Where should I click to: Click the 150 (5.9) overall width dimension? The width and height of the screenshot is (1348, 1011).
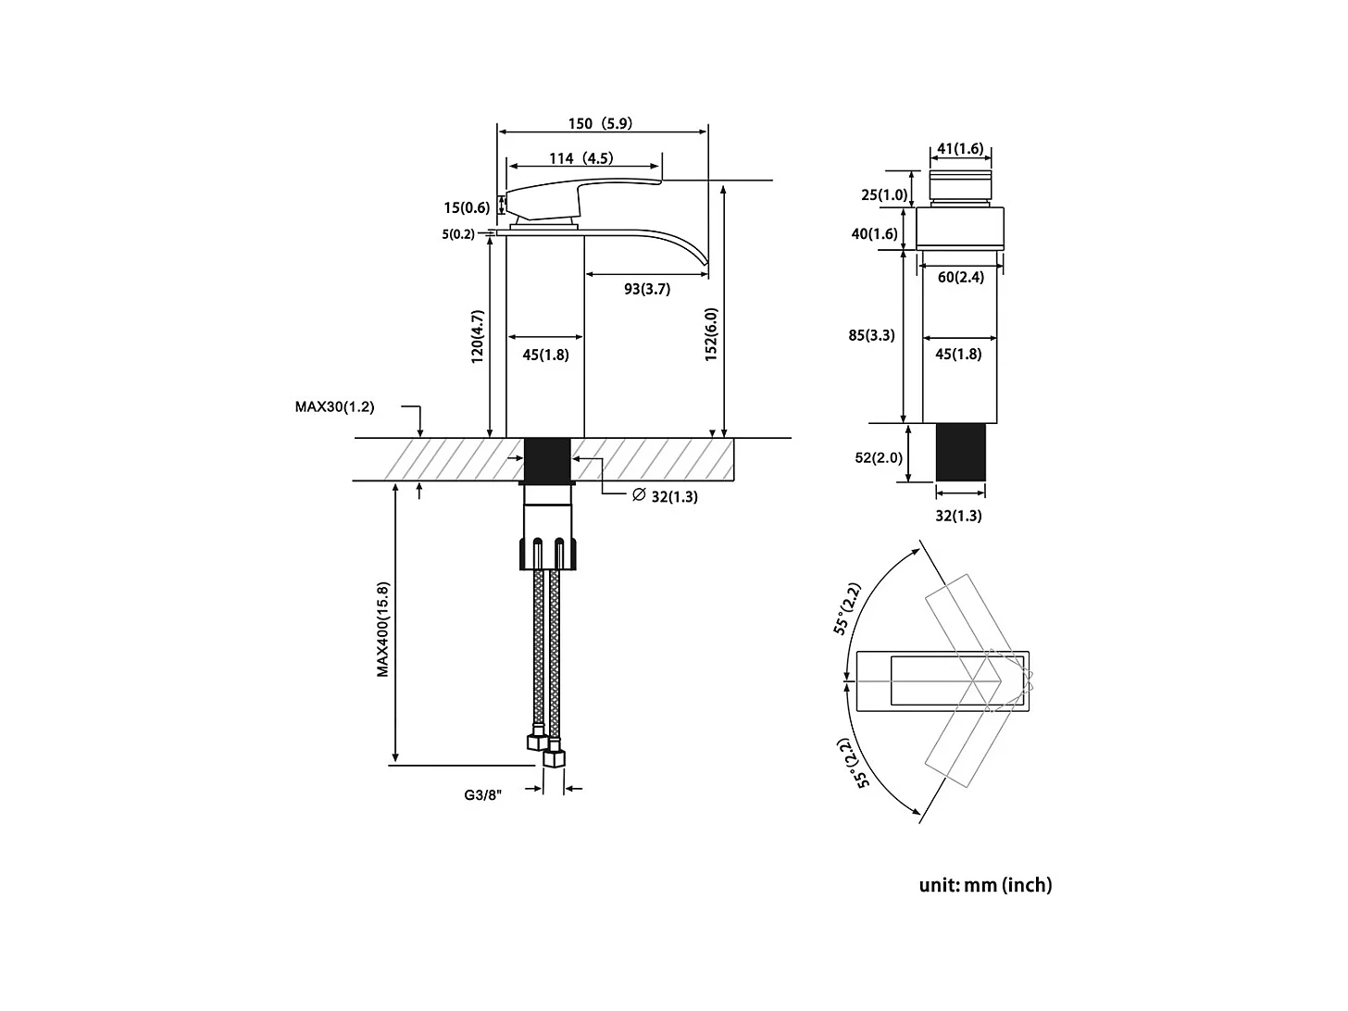[600, 124]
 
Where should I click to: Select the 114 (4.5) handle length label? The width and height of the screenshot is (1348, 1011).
[580, 158]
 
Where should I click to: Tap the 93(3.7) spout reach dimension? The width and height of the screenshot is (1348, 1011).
[646, 289]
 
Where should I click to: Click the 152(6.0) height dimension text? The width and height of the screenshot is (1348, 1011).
[711, 334]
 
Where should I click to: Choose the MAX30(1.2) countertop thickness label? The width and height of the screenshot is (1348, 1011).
[335, 406]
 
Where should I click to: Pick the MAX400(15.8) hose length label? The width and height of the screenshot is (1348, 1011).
[383, 630]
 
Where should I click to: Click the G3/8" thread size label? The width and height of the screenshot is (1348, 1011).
[482, 794]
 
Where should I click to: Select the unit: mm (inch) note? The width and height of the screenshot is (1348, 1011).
[985, 885]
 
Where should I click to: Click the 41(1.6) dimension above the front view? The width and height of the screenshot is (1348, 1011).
[959, 149]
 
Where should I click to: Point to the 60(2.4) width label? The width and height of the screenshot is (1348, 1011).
[960, 277]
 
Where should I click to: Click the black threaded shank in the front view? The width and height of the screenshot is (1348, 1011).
[959, 453]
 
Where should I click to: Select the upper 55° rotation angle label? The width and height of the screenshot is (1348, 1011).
[847, 609]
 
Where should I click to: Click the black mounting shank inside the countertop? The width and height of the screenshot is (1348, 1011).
[546, 459]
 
